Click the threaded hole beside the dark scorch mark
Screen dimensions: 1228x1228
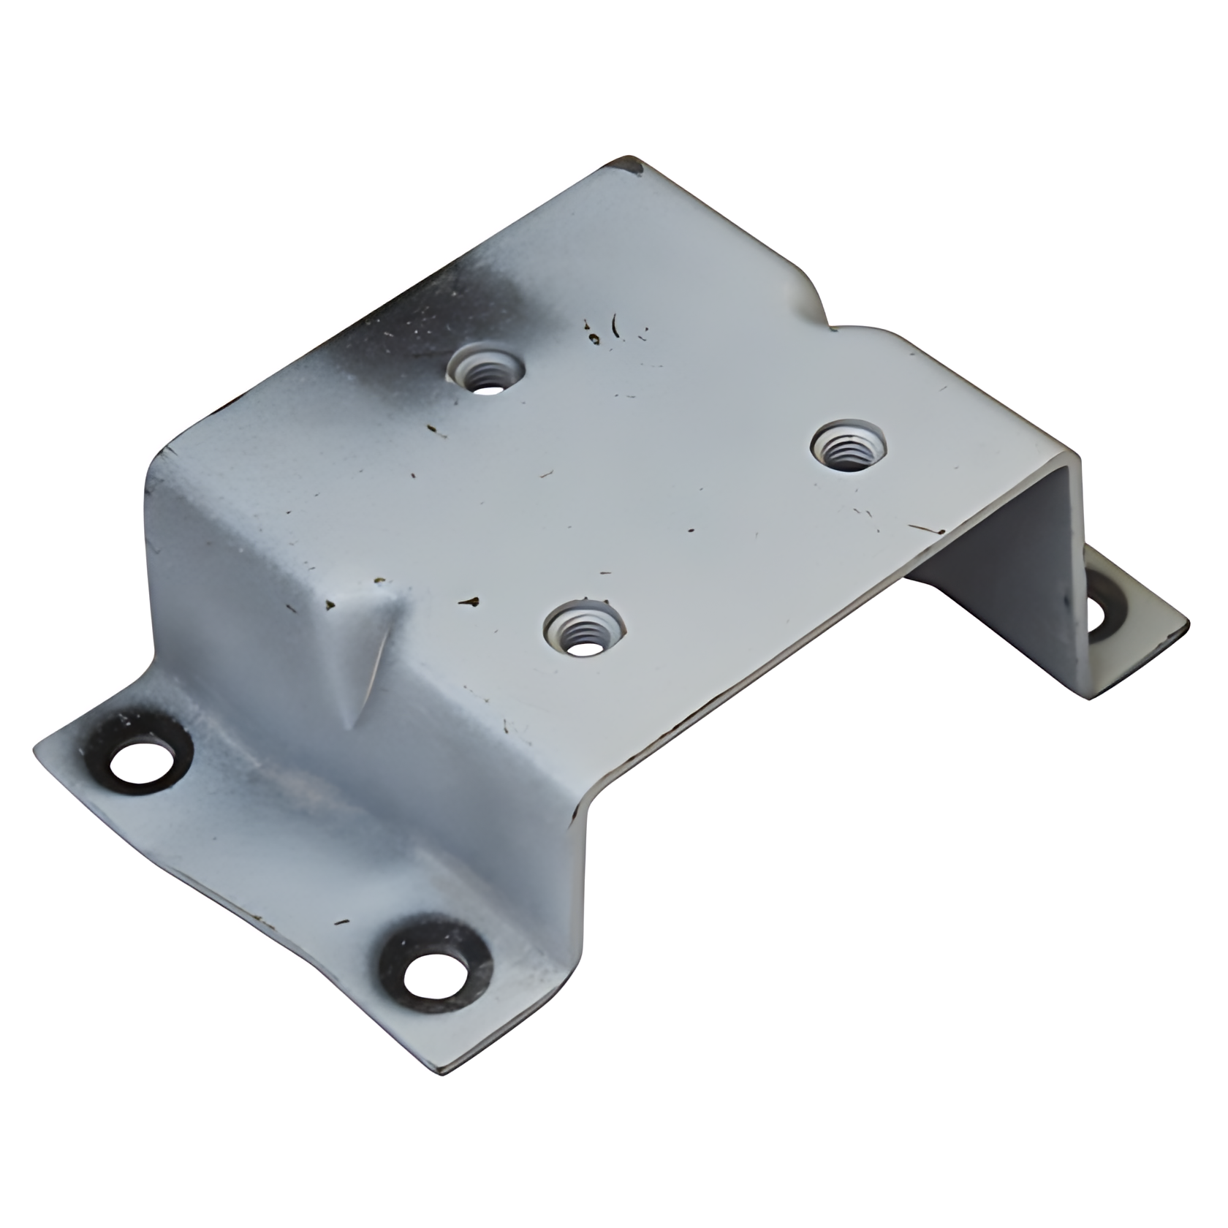click(485, 368)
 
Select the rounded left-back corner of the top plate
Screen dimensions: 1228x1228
click(157, 457)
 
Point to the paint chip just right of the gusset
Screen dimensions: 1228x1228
click(469, 602)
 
